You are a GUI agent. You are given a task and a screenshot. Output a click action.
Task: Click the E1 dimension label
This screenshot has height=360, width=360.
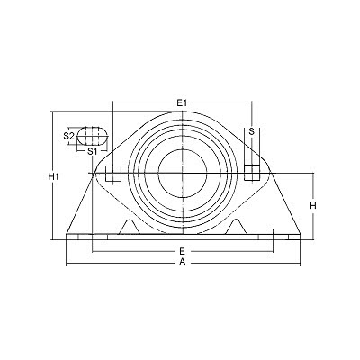pos(182,103)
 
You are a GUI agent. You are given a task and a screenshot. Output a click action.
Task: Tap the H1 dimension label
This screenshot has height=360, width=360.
pos(53,177)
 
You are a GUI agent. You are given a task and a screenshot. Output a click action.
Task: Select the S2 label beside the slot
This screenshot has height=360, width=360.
pos(68,136)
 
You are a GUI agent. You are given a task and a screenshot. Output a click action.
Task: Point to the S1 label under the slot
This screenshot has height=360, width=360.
pos(92,151)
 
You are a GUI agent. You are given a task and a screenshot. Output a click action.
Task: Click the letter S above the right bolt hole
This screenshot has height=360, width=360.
pos(252,131)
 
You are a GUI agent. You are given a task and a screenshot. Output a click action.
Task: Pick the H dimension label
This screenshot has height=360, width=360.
pos(313,206)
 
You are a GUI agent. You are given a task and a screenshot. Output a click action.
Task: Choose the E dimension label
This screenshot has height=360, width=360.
pos(182,251)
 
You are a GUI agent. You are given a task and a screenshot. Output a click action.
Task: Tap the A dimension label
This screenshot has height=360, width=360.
pos(183,262)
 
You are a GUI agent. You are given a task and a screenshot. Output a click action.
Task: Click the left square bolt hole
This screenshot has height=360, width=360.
pos(113,174)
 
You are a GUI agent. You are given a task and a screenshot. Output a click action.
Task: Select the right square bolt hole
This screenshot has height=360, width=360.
pos(252,173)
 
